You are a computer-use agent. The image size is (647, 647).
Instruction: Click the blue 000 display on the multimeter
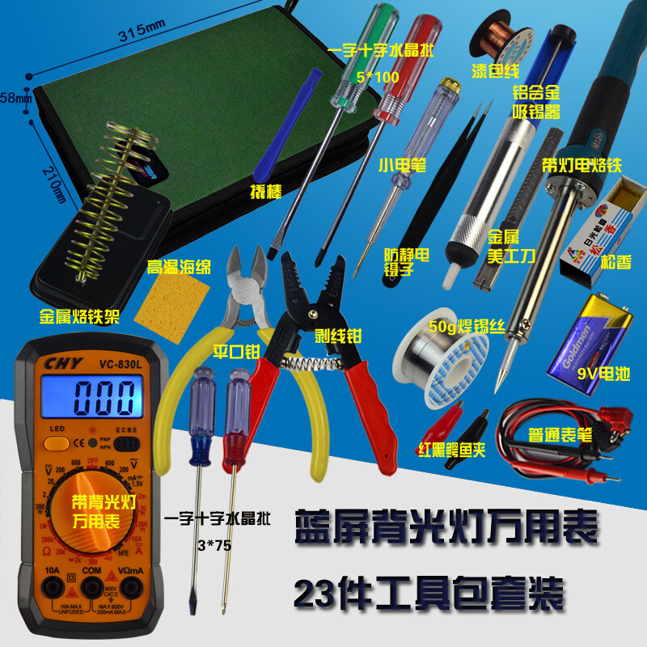(x=102, y=398)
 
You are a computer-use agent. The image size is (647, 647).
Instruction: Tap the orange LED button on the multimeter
(x=56, y=442)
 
